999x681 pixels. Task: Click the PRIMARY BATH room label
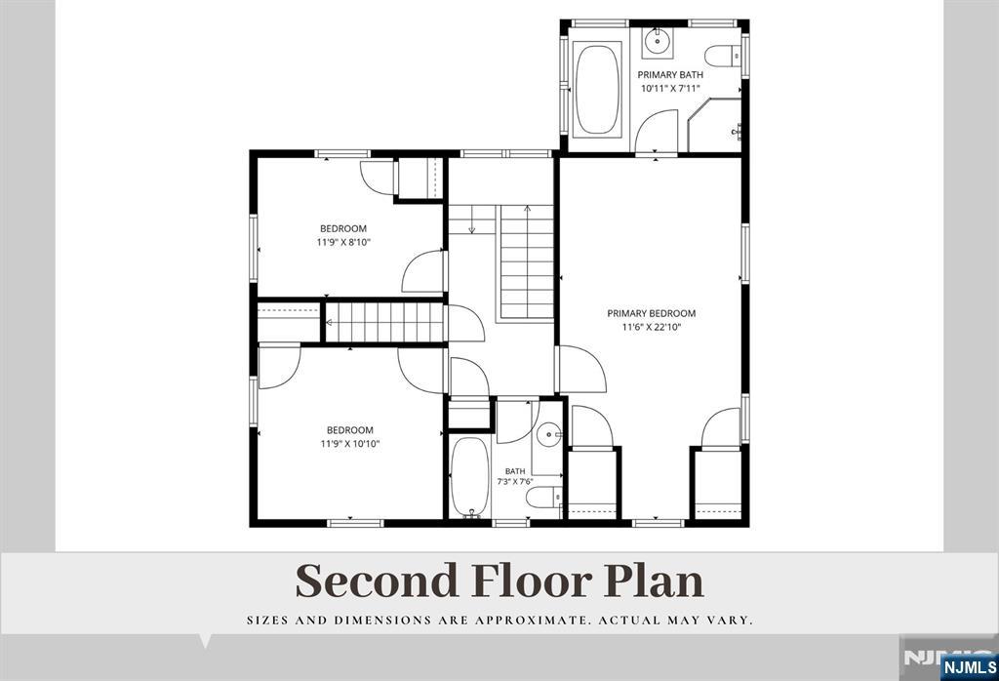pos(670,75)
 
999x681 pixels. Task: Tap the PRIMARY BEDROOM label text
pos(651,313)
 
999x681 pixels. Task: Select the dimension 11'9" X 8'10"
pos(343,242)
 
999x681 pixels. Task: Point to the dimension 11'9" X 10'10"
pos(350,444)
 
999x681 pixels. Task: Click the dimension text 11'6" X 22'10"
pos(652,328)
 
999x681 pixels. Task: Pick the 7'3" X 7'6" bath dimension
pos(515,482)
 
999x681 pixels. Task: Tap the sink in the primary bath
pos(656,41)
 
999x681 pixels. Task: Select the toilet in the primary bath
pos(725,56)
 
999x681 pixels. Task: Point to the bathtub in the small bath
pos(470,477)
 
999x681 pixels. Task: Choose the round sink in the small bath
pos(548,436)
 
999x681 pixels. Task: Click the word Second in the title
pos(378,581)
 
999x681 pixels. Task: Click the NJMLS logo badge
pos(969,667)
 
